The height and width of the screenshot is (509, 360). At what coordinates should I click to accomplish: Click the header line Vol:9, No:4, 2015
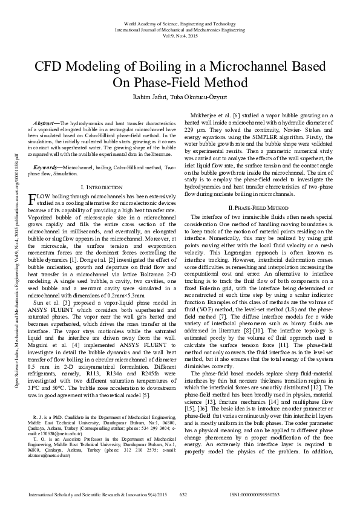coord(180,35)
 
